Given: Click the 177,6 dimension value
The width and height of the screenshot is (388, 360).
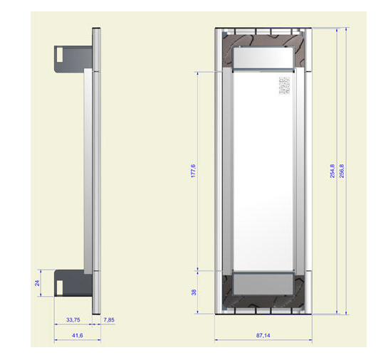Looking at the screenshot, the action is pyautogui.click(x=193, y=171).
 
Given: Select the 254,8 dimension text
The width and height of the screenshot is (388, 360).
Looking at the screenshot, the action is pyautogui.click(x=332, y=171).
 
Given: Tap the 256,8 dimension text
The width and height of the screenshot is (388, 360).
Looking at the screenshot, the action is pyautogui.click(x=342, y=171).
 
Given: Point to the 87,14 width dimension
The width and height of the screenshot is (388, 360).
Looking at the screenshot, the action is pyautogui.click(x=263, y=336).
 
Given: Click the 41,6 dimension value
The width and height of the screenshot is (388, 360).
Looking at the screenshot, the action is pyautogui.click(x=77, y=336).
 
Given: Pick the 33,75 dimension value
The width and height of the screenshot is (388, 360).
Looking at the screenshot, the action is pyautogui.click(x=73, y=320).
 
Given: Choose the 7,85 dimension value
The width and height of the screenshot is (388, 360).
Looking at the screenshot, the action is pyautogui.click(x=109, y=320).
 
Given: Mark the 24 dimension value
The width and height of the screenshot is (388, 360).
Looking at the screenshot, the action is pyautogui.click(x=37, y=283).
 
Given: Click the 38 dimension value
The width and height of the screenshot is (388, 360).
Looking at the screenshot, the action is pyautogui.click(x=194, y=292).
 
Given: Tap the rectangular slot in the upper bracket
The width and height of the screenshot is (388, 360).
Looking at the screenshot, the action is pyautogui.click(x=60, y=55).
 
